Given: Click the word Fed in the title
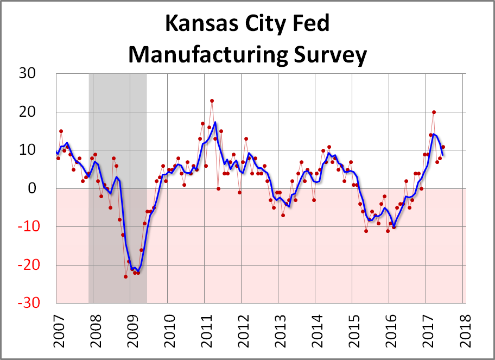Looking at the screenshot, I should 310,25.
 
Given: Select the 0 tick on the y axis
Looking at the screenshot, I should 46,189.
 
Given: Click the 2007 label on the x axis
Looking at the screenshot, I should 56,330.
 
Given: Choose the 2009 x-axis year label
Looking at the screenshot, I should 130,330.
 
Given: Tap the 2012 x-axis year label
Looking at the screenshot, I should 241,330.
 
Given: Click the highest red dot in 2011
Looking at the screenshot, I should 212,101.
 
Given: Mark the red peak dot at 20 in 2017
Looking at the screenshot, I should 434,112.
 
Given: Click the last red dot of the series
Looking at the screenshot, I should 443,147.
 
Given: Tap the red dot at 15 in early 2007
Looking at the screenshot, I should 61,131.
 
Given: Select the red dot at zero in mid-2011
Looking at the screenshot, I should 218,188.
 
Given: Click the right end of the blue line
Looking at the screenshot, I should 443,155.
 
